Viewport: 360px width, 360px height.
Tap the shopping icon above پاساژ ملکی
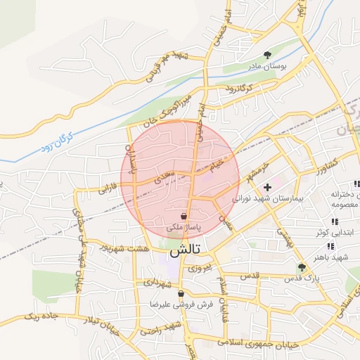[x=184, y=217]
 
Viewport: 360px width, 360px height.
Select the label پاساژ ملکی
[x=184, y=228]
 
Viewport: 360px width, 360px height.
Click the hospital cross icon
[x=267, y=187]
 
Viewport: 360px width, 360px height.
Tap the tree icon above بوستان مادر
[x=267, y=54]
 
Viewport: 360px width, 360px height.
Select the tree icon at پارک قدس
[x=302, y=267]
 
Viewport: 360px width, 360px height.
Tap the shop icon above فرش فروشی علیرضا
[x=181, y=294]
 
